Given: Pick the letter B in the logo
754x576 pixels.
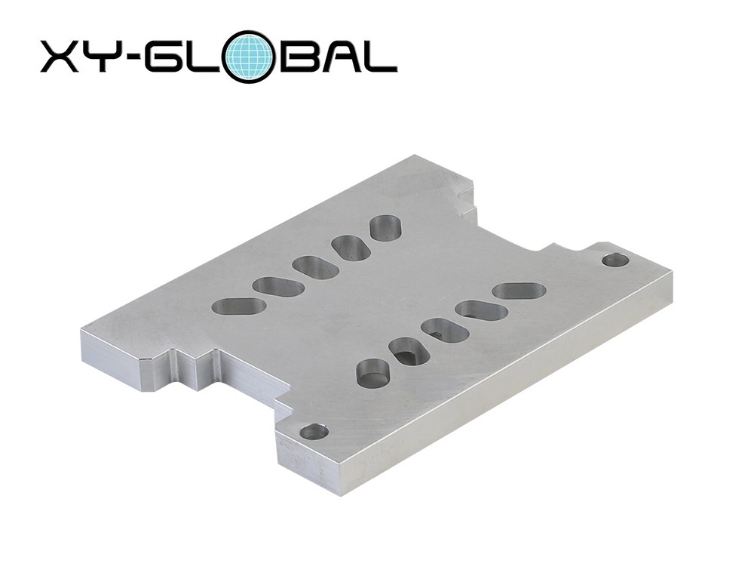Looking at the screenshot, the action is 296,57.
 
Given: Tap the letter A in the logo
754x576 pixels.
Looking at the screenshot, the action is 339,57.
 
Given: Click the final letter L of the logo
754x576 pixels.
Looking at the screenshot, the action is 382,57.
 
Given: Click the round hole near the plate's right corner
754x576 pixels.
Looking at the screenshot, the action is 615,260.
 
